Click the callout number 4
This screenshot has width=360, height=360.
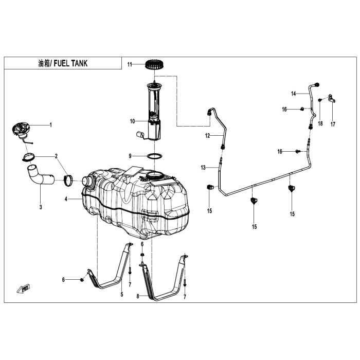pyautogui.click(x=66, y=199)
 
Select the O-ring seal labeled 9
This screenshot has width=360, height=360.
pyautogui.click(x=154, y=156)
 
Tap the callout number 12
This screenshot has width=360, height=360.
pyautogui.click(x=208, y=136)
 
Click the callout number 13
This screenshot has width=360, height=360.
pyautogui.click(x=203, y=168)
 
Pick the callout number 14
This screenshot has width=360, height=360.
pyautogui.click(x=294, y=94)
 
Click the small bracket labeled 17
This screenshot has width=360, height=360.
pyautogui.click(x=332, y=99)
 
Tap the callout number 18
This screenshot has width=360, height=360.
pyautogui.click(x=320, y=123)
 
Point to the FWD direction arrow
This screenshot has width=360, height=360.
pyautogui.click(x=24, y=289)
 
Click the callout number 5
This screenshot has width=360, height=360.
pyautogui.click(x=122, y=294)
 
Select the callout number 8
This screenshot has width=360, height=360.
pyautogui.click(x=138, y=296)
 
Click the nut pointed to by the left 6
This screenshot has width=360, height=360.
pyautogui.click(x=81, y=280)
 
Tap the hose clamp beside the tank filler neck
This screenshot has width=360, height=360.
pyautogui.click(x=68, y=181)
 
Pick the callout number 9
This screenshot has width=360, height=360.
pyautogui.click(x=130, y=156)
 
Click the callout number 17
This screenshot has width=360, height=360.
pyautogui.click(x=333, y=124)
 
